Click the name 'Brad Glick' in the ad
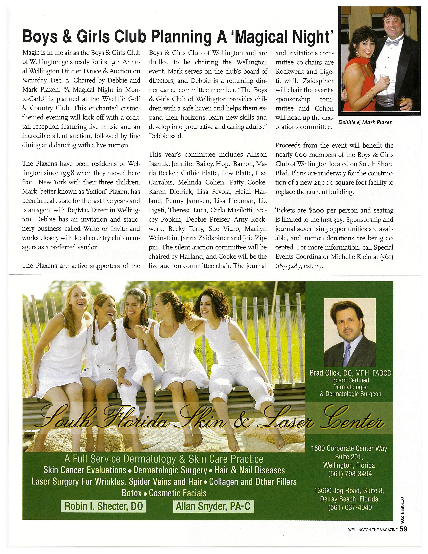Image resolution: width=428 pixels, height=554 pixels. point(325,373)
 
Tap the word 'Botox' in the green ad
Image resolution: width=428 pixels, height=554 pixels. point(131,493)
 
